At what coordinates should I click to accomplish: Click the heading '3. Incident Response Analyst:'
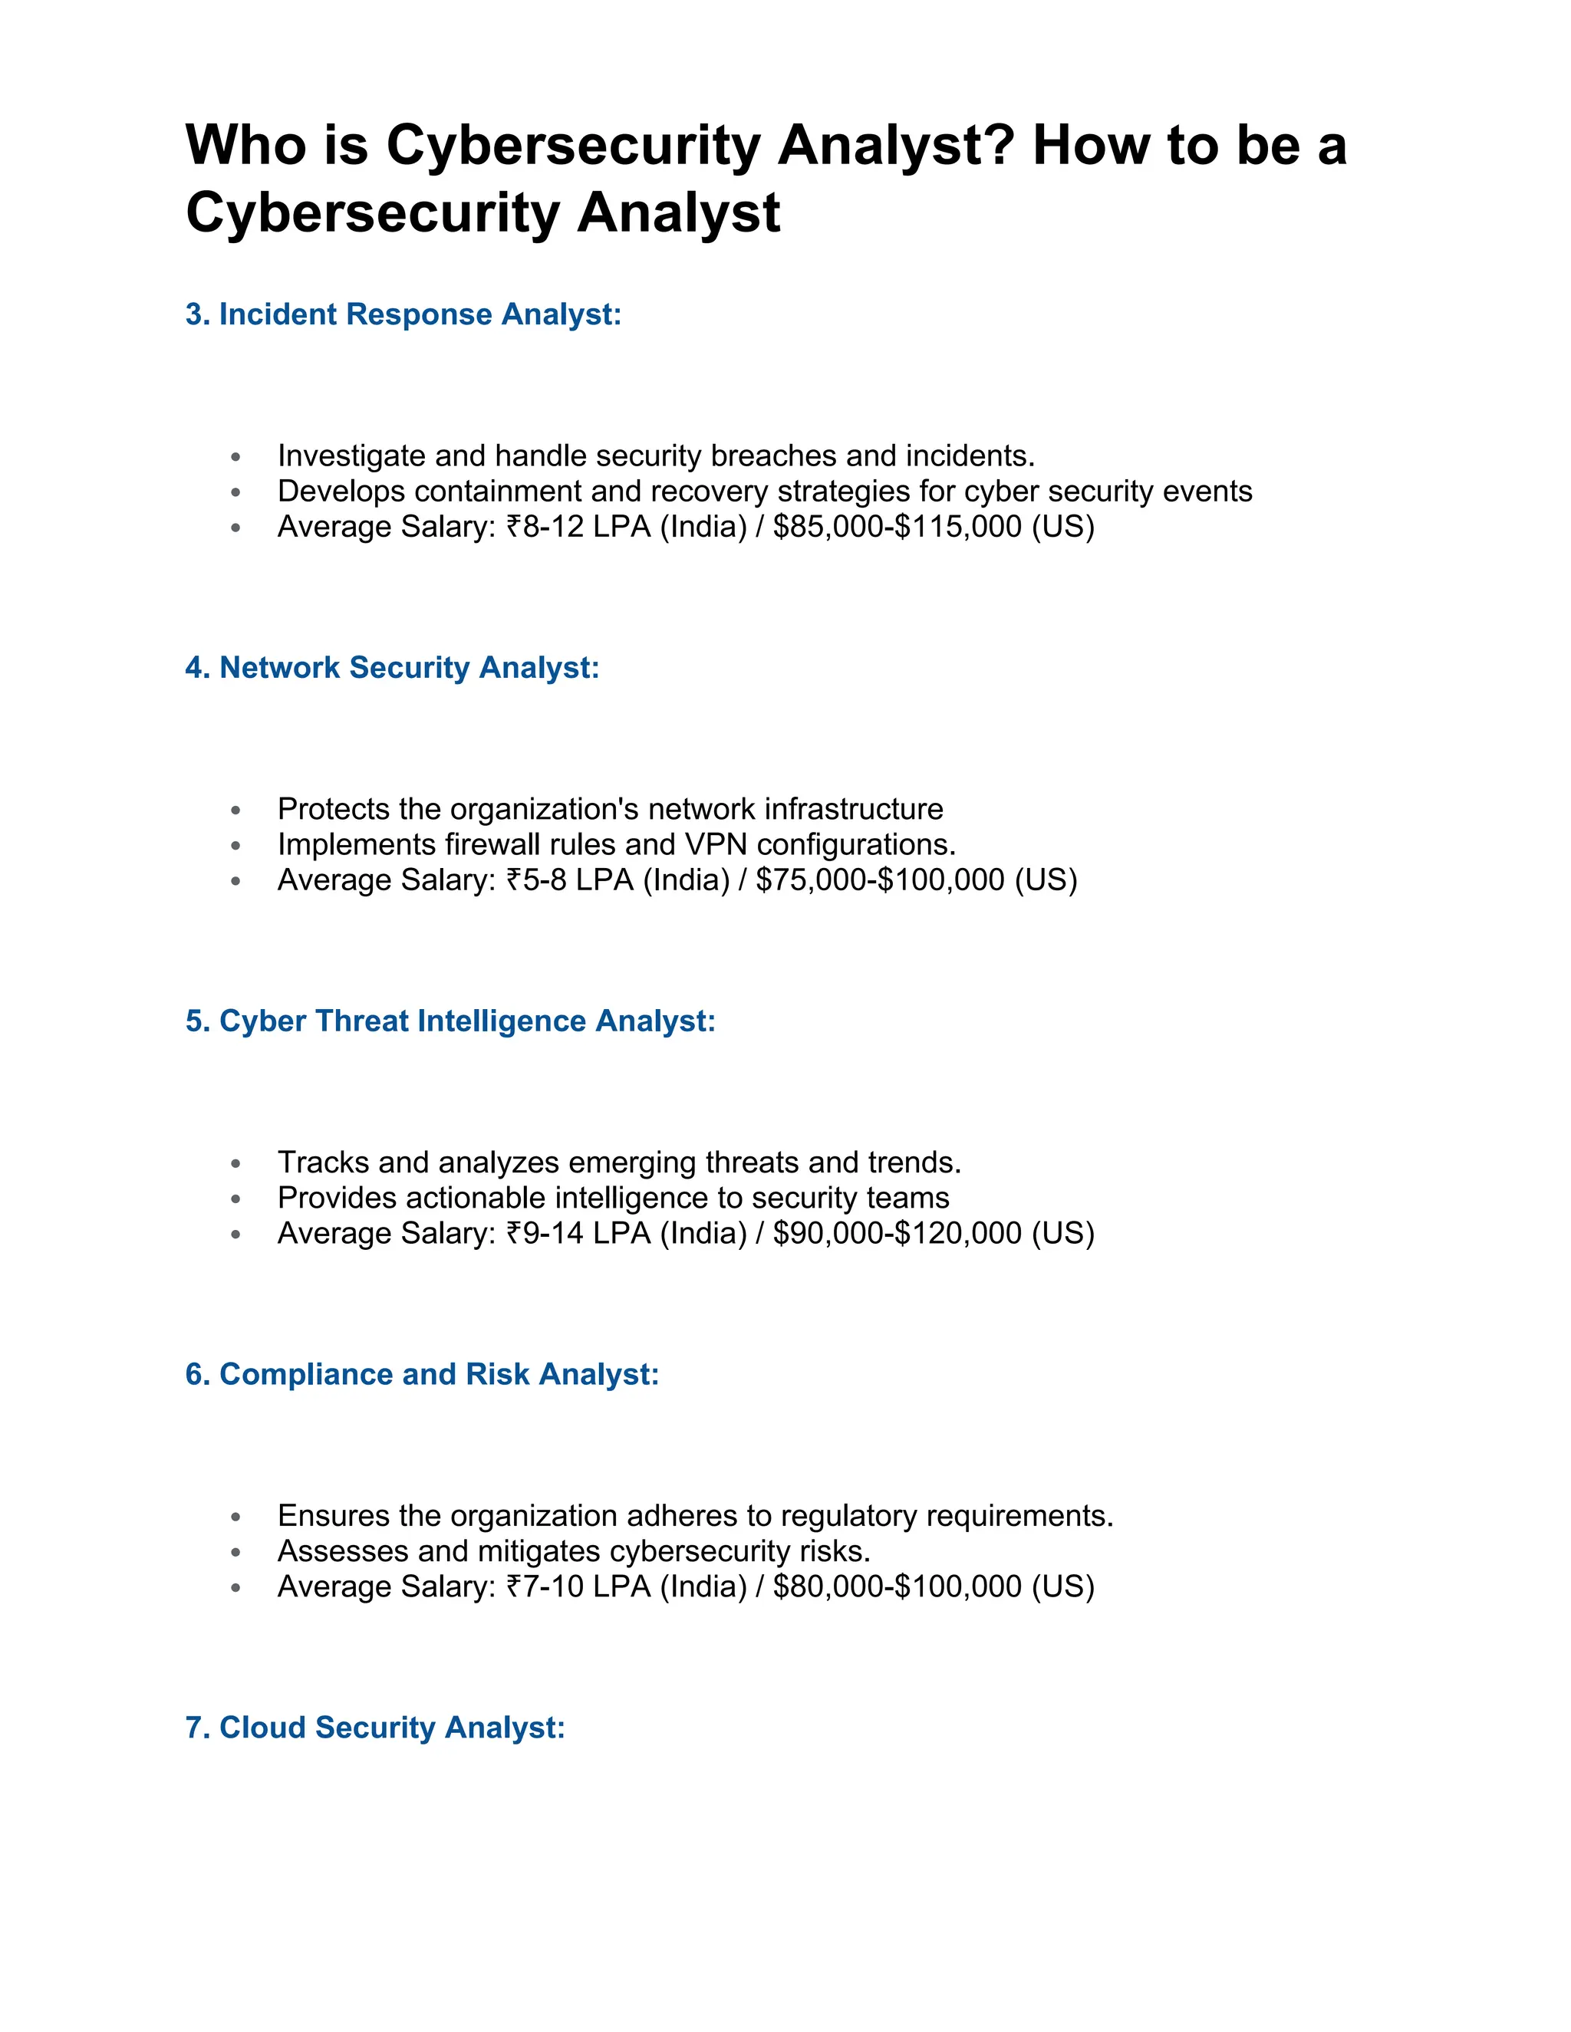pyautogui.click(x=403, y=314)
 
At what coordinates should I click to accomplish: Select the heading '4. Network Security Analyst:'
pyautogui.click(x=392, y=667)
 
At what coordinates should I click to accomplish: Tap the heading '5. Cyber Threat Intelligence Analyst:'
pyautogui.click(x=450, y=1021)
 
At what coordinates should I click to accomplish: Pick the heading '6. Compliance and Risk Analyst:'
pyautogui.click(x=422, y=1374)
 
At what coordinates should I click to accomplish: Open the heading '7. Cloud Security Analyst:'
pyautogui.click(x=375, y=1727)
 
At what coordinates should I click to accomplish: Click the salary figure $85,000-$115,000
pyautogui.click(x=897, y=527)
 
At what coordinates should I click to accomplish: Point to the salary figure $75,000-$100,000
pyautogui.click(x=880, y=880)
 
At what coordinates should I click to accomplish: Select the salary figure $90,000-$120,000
pyautogui.click(x=897, y=1233)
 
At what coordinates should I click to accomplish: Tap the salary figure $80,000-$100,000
pyautogui.click(x=897, y=1586)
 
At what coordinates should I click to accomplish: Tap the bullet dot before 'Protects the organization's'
pyautogui.click(x=235, y=810)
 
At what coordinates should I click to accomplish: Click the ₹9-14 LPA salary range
pyautogui.click(x=578, y=1233)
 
